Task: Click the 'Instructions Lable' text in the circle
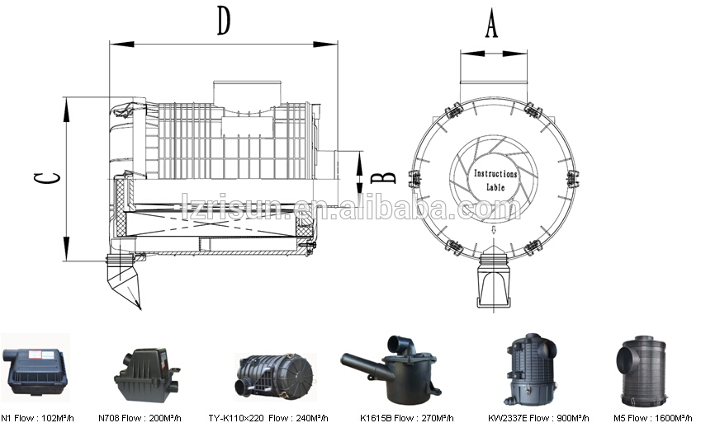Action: coord(495,181)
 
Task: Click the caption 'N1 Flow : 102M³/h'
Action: coord(34,419)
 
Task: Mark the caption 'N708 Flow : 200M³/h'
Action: coord(151,419)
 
